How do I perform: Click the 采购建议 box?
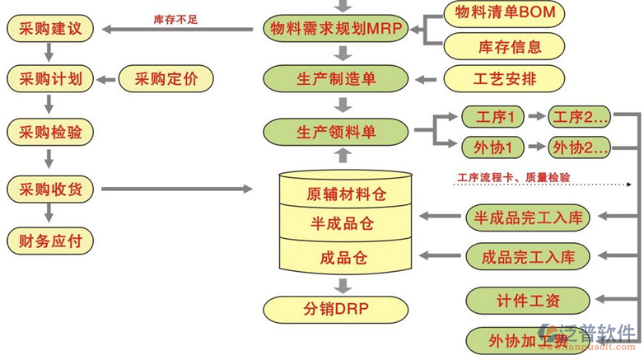pos(50,30)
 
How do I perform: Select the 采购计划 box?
pos(50,80)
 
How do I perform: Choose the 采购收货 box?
pos(50,189)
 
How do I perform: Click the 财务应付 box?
pos(50,241)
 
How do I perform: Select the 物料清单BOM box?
pos(504,14)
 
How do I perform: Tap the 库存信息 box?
pos(504,47)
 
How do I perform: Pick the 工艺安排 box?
pos(504,80)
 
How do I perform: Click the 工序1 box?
pos(493,117)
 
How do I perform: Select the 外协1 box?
pos(493,147)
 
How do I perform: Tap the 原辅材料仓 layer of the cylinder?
pos(346,194)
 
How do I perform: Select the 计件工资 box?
pos(528,301)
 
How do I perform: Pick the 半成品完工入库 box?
pos(528,217)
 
